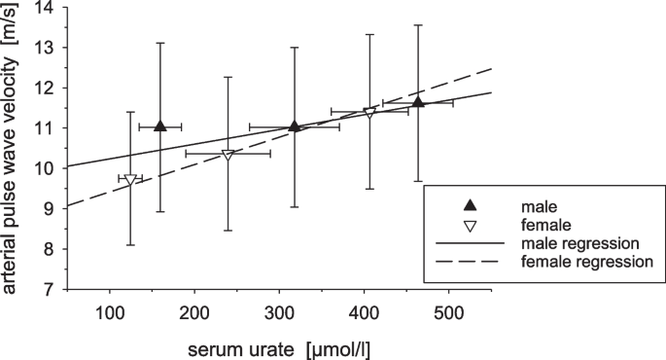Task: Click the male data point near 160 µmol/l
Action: click(x=160, y=126)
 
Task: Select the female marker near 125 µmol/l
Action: click(x=130, y=180)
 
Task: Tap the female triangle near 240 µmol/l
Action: click(x=228, y=155)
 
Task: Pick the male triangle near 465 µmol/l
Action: click(x=418, y=102)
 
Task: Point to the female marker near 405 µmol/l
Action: click(x=369, y=114)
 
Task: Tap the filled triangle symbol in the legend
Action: click(x=469, y=204)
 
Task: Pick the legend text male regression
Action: click(x=579, y=242)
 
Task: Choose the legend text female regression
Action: click(x=586, y=261)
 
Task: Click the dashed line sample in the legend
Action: click(x=469, y=261)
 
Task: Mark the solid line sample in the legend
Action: click(x=469, y=242)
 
